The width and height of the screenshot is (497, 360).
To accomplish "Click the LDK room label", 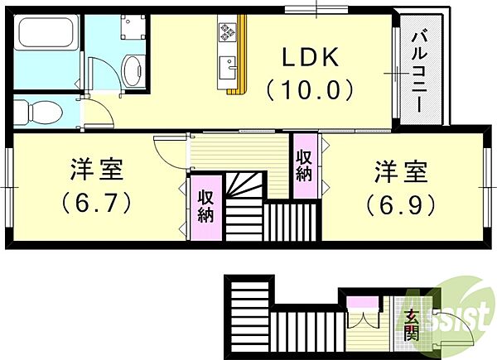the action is point(311,57).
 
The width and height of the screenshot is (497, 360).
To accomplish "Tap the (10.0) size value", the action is point(311,89).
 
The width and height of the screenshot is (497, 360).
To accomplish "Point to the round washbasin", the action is point(132,70).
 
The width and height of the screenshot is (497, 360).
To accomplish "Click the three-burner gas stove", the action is point(227,32).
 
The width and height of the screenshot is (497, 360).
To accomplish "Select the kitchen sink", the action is point(228,68).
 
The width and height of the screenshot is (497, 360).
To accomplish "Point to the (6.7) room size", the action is point(96,203).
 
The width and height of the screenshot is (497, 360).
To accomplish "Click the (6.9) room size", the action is point(401,205).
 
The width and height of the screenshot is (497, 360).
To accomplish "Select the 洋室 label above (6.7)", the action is point(96,170).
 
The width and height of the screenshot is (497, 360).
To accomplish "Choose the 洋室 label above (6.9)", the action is point(401,172).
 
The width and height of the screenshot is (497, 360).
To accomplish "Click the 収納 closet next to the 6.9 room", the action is point(305,166).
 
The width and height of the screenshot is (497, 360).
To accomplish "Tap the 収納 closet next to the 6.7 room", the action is point(206,208).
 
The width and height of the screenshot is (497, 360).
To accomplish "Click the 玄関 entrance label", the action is point(413,325).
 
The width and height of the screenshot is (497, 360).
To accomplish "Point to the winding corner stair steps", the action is point(244,185).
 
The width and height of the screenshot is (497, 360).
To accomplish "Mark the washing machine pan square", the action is point(133,26).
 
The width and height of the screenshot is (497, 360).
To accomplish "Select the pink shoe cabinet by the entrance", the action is point(363,302).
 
